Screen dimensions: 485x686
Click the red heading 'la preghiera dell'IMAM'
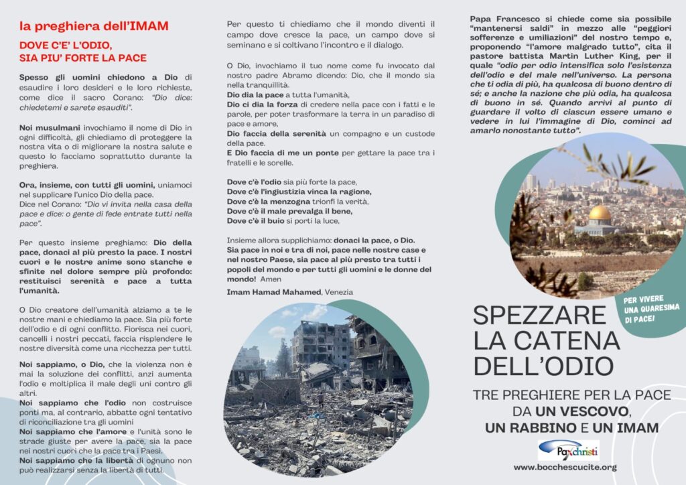coord(93,27)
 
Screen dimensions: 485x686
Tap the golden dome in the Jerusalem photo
coord(600,214)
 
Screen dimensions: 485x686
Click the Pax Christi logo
coord(568,450)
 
